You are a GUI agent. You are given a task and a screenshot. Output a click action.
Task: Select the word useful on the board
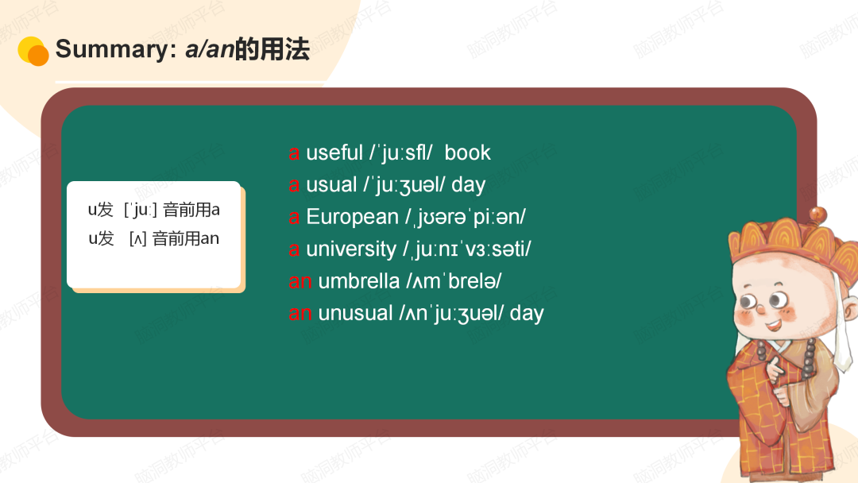click(334, 153)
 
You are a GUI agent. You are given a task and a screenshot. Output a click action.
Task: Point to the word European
click(352, 217)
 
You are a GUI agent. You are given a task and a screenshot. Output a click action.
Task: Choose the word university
click(350, 249)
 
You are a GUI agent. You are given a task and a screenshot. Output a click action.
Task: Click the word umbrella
click(359, 281)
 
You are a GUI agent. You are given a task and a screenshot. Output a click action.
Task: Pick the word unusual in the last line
click(356, 313)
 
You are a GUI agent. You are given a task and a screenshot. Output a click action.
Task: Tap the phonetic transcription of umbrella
click(454, 281)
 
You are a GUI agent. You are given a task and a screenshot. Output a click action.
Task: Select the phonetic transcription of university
click(467, 249)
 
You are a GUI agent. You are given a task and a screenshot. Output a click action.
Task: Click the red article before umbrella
click(300, 281)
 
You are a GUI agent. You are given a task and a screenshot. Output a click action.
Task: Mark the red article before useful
click(294, 153)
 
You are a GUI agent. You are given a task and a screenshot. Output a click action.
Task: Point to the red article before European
click(294, 217)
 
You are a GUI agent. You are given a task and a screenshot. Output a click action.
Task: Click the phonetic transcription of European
click(465, 217)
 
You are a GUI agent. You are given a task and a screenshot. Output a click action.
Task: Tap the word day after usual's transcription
click(468, 185)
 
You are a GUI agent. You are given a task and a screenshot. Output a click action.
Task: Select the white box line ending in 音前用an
click(153, 238)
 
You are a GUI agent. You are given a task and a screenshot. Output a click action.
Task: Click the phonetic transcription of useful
click(401, 153)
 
